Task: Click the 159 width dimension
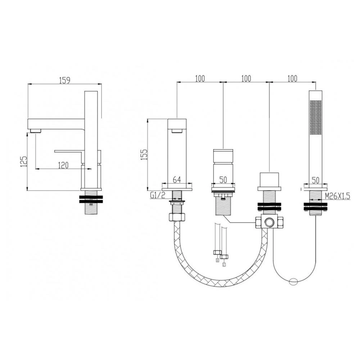[64, 80]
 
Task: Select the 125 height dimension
[24, 161]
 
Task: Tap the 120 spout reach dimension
[63, 165]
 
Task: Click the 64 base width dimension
[176, 180]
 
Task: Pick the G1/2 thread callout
[158, 195]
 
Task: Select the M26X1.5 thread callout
[338, 196]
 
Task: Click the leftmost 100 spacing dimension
[200, 78]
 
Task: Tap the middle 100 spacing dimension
[246, 78]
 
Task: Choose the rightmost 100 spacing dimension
[292, 78]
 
